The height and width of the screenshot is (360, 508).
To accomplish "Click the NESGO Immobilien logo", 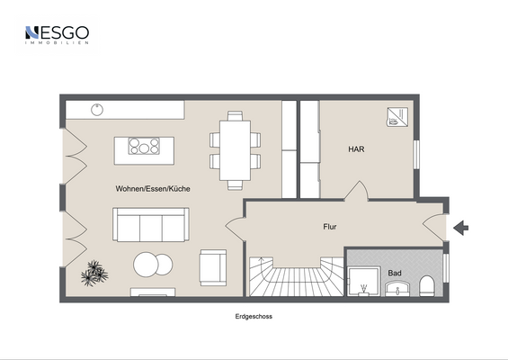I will pos(56,35).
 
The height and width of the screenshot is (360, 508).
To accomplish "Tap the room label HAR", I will pos(356,149).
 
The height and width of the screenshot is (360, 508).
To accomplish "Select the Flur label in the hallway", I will pos(330,227).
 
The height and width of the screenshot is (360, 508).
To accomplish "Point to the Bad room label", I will pos(395,272).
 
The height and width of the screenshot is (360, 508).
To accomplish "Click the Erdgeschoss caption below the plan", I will pos(254,318).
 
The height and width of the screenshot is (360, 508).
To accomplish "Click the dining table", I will pos(236,149).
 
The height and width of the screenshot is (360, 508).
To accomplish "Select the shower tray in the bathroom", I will pos(363,280).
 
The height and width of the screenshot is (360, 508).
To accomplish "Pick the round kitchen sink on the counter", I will pos(97,110).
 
